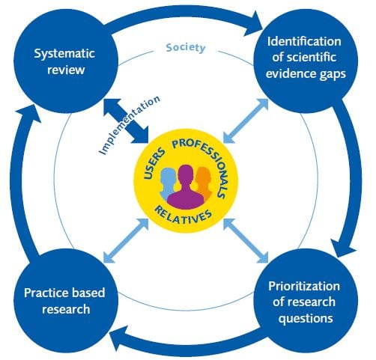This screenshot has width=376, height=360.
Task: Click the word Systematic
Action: pyautogui.click(x=64, y=54)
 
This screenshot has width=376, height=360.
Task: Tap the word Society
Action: pyautogui.click(x=186, y=48)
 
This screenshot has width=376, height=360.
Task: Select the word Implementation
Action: pyautogui.click(x=129, y=125)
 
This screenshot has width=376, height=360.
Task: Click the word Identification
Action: pyautogui.click(x=304, y=41)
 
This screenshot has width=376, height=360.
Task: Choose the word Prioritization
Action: pyautogui.click(x=304, y=286)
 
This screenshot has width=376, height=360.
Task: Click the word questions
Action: pyautogui.click(x=306, y=319)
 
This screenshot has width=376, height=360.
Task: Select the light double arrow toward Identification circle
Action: pyautogui.click(x=246, y=121)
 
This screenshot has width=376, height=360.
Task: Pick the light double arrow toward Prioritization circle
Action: pyautogui.click(x=246, y=240)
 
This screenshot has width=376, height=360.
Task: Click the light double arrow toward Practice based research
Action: pyautogui.click(x=126, y=240)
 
